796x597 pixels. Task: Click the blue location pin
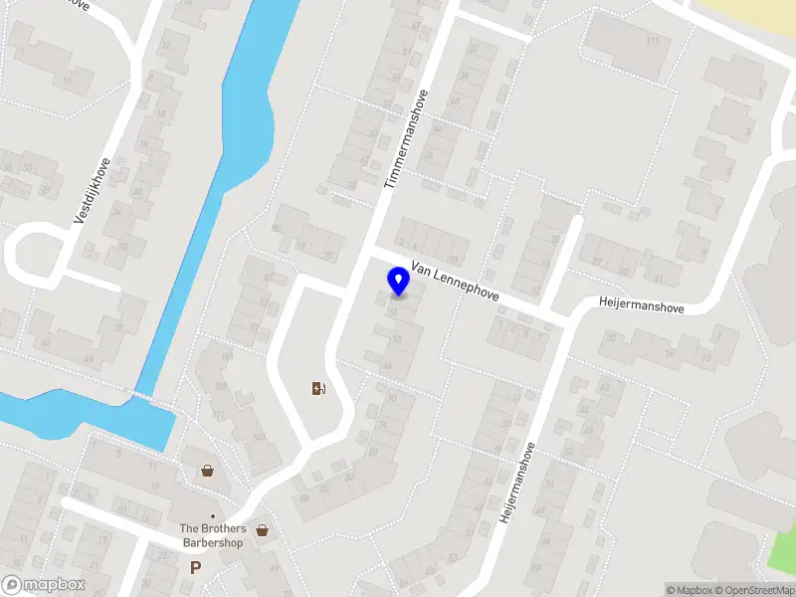point(398,282)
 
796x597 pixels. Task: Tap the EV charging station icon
point(318,388)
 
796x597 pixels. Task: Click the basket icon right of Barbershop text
point(263,530)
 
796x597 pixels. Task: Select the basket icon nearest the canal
point(207,470)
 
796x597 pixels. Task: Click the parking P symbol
point(195,567)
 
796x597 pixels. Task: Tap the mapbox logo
point(44,585)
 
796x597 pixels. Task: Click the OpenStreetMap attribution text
point(752,590)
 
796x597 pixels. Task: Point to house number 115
point(653,41)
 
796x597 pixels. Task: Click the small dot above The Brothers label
point(212,516)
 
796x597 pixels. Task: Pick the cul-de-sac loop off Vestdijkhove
point(30,254)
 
